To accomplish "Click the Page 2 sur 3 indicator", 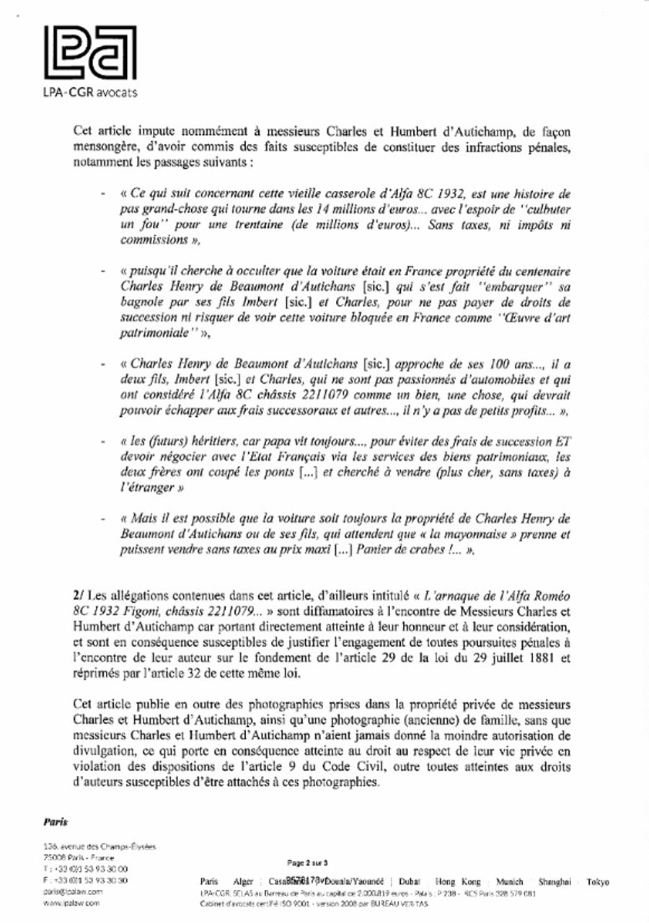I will (308, 862).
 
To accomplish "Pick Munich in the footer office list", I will (509, 881).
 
